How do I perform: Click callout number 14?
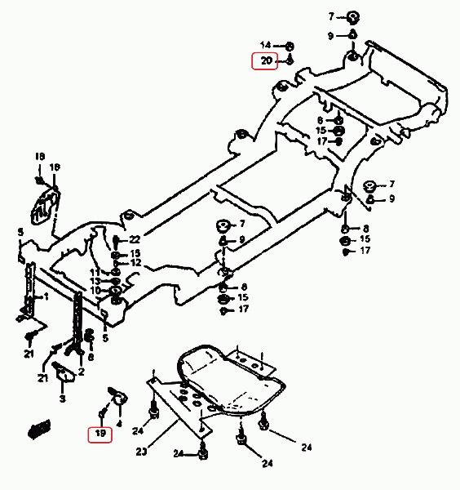[266, 45]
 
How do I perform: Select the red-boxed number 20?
[266, 60]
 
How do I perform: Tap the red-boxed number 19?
[100, 433]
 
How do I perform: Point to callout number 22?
[135, 239]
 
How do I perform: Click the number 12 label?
[135, 262]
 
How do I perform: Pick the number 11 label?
[95, 272]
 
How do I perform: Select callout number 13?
[95, 281]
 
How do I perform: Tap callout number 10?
[95, 290]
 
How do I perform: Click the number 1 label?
[46, 296]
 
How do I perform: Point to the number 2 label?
[81, 372]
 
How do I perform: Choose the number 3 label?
[63, 399]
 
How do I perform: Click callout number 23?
[141, 452]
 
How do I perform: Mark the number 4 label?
[119, 424]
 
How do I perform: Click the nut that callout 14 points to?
[290, 47]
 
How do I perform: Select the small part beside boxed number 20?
[290, 60]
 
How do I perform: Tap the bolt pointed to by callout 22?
[116, 241]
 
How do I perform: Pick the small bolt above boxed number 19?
[103, 413]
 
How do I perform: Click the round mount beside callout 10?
[116, 292]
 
